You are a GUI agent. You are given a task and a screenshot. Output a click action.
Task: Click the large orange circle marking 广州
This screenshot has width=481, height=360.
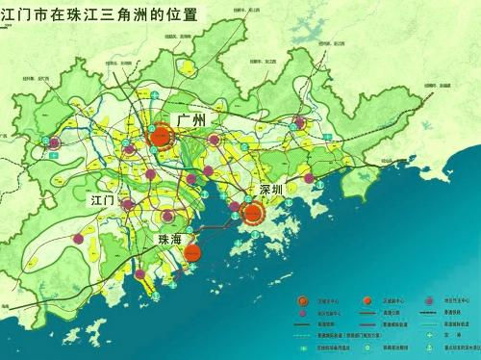pyautogui.click(x=161, y=137)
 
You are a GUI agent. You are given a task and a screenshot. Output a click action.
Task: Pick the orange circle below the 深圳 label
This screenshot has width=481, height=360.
pyautogui.click(x=253, y=214)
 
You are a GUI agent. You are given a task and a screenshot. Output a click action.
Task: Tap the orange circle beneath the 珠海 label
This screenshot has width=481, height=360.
pyautogui.click(x=191, y=252)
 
